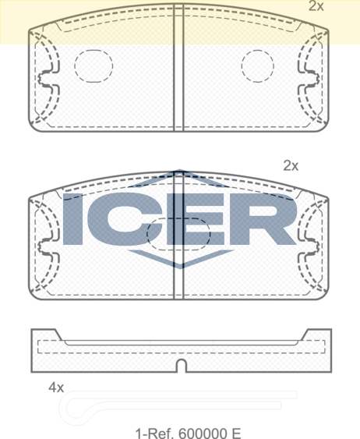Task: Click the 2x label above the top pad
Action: (x=316, y=5)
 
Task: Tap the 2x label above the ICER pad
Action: (x=291, y=165)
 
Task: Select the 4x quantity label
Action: (x=56, y=388)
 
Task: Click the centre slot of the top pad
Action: (x=178, y=67)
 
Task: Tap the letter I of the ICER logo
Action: (x=72, y=219)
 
